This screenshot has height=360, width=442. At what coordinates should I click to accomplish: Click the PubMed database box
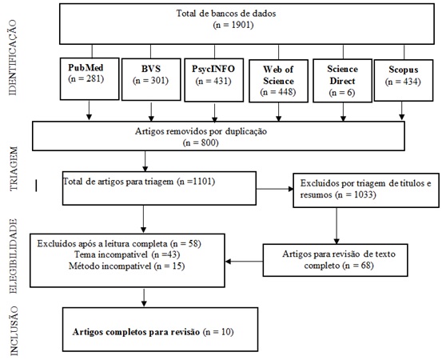(90, 78)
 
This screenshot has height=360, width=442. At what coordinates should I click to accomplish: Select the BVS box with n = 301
(151, 79)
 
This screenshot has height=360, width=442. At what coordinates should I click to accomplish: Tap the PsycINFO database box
(214, 80)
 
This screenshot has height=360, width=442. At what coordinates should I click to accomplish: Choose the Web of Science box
(278, 81)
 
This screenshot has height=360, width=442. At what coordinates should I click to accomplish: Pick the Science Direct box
(343, 81)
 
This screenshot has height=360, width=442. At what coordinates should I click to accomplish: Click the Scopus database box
(404, 80)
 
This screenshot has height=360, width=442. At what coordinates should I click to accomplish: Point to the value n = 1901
(233, 25)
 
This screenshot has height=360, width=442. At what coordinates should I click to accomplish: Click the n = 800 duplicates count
(201, 142)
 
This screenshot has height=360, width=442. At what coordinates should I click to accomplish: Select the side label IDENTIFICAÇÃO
(13, 58)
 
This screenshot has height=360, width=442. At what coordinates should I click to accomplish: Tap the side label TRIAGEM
(14, 169)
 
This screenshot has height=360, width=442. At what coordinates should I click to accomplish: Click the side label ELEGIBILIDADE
(14, 256)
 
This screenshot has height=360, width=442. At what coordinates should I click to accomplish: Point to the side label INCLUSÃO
(14, 330)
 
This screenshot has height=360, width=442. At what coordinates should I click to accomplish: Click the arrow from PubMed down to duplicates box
(89, 110)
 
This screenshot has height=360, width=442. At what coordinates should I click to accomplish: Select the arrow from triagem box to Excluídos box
(275, 189)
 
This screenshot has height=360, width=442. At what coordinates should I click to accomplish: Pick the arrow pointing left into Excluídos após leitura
(244, 262)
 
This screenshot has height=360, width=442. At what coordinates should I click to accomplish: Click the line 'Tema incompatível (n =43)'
(127, 254)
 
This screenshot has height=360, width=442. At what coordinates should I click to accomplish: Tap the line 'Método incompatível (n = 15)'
(126, 266)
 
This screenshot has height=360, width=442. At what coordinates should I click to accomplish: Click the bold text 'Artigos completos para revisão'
(136, 332)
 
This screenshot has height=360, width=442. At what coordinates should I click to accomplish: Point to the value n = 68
(358, 266)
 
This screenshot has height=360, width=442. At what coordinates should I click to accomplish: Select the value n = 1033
(356, 194)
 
